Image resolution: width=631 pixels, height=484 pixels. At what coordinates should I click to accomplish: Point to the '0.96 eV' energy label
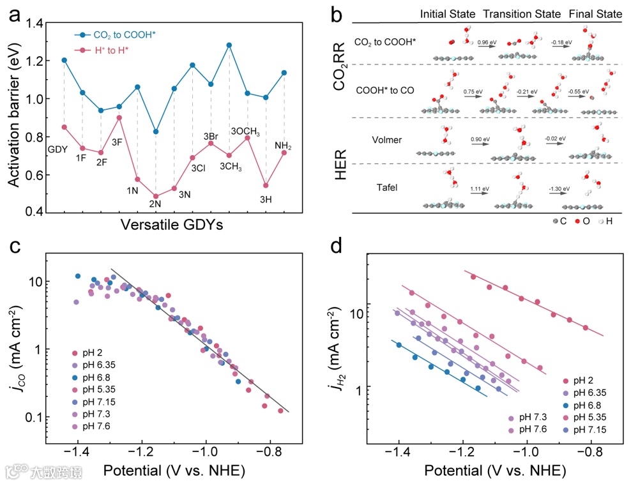point(486,42)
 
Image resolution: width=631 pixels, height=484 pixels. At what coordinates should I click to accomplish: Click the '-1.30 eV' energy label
point(559,189)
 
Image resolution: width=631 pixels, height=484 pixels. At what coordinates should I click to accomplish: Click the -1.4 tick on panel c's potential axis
point(78,450)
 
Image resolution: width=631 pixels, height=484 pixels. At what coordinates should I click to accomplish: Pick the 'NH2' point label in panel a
point(284,145)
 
